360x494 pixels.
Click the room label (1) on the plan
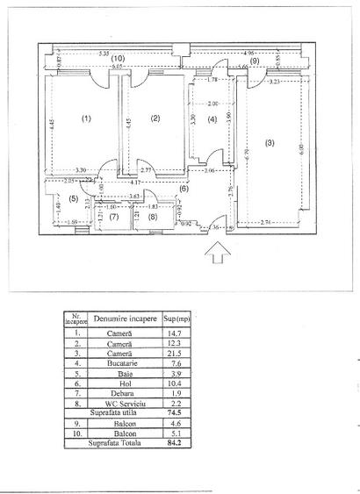pos(86,118)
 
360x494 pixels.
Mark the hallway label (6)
pos(184,189)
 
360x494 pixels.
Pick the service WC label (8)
pos(152,216)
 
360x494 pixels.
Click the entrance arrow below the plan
pos(217,253)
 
